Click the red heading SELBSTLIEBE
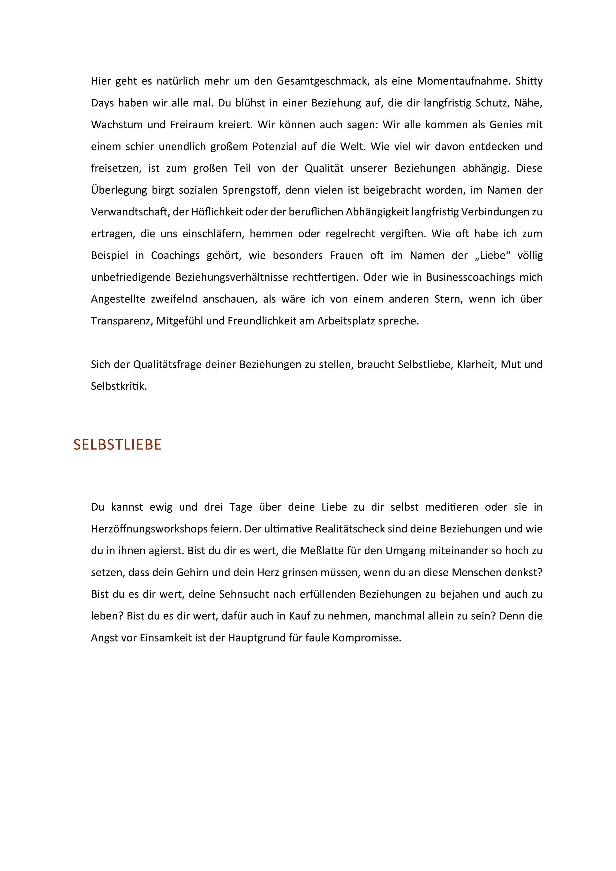point(117,445)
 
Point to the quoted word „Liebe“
point(493,255)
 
